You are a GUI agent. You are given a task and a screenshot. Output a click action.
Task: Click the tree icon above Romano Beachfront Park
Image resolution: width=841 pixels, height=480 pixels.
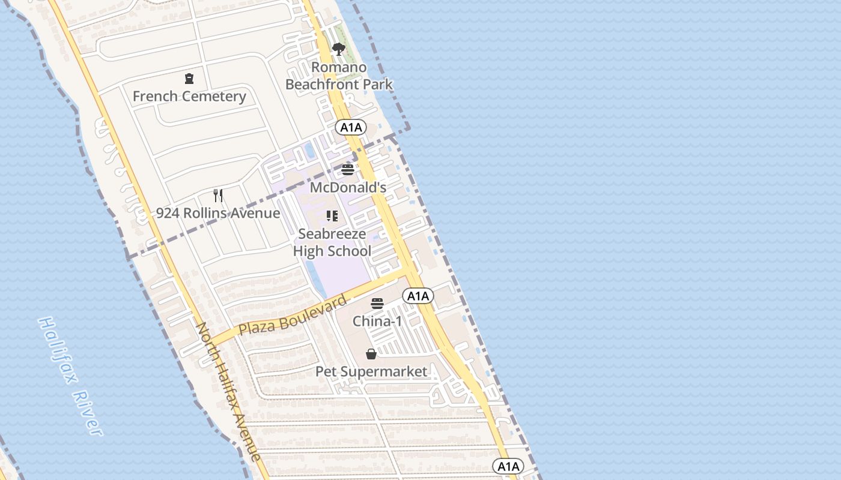click(339, 49)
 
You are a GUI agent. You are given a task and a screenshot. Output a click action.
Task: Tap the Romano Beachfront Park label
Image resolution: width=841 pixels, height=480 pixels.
click(339, 76)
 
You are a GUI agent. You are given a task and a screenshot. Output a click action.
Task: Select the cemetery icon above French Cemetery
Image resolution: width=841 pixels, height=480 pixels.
click(189, 79)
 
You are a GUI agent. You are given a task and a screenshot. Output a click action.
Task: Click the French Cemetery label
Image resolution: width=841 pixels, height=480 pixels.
click(189, 96)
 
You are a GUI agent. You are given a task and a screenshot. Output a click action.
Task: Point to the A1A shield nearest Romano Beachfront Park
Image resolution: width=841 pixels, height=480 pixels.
click(351, 127)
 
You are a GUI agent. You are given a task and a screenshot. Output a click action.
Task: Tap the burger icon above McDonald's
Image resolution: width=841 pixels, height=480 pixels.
click(348, 170)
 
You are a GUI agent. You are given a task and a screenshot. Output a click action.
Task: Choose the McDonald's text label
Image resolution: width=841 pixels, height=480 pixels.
click(348, 187)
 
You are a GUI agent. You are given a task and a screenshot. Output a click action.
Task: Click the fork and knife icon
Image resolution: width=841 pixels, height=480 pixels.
click(218, 196)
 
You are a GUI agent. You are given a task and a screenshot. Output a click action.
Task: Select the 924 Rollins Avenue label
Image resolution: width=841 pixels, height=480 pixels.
click(218, 213)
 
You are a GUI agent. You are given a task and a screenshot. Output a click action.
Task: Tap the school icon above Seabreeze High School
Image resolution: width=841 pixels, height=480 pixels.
click(332, 216)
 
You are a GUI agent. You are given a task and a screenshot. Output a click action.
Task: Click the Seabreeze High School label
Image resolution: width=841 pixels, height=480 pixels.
click(332, 242)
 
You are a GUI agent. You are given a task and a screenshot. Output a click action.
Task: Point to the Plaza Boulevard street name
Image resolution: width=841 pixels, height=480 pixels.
click(293, 316)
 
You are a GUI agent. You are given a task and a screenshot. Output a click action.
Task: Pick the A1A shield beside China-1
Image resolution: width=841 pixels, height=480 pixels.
click(417, 295)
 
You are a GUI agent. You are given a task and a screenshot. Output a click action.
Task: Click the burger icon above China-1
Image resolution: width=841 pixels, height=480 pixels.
click(377, 304)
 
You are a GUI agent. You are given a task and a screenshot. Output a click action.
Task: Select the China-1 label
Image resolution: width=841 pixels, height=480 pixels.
click(377, 321)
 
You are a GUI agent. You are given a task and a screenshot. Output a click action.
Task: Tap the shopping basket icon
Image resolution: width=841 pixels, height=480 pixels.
click(371, 354)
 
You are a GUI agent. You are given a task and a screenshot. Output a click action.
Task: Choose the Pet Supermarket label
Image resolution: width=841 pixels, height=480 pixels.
click(371, 371)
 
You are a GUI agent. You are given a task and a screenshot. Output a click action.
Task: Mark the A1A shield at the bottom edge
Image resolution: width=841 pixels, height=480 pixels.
click(508, 466)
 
